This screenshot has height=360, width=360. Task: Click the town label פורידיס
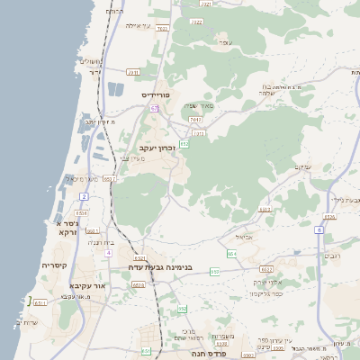pyautogui.click(x=156, y=94)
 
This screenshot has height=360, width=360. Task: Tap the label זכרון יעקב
pyautogui.click(x=156, y=148)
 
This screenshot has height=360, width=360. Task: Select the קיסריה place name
pyautogui.click(x=54, y=265)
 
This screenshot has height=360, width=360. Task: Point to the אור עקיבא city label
pyautogui.click(x=85, y=285)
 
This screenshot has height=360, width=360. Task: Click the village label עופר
pyautogui.click(x=226, y=43)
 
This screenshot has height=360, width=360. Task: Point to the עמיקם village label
pyautogui.click(x=302, y=166)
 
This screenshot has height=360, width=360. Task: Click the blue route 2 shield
pyautogui.click(x=84, y=195)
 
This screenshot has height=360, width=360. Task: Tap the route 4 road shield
pyautogui.click(x=108, y=253)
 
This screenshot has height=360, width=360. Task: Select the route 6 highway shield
pyautogui.click(x=319, y=229)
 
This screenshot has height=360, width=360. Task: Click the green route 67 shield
pyautogui.click(x=154, y=108)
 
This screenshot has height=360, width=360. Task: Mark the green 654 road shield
pyautogui.click(x=231, y=254)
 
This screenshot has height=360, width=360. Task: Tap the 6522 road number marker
pyautogui.click(x=266, y=269)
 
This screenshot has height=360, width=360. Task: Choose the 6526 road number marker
pyautogui.click(x=329, y=216)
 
